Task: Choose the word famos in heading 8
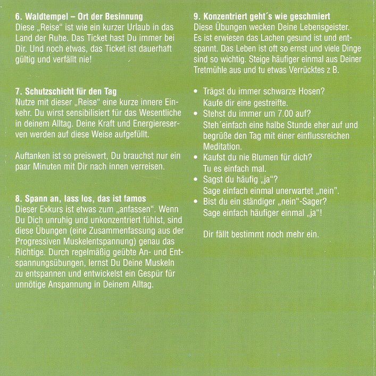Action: [134, 199]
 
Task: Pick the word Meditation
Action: [223, 146]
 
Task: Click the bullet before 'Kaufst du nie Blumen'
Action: [197, 157]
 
